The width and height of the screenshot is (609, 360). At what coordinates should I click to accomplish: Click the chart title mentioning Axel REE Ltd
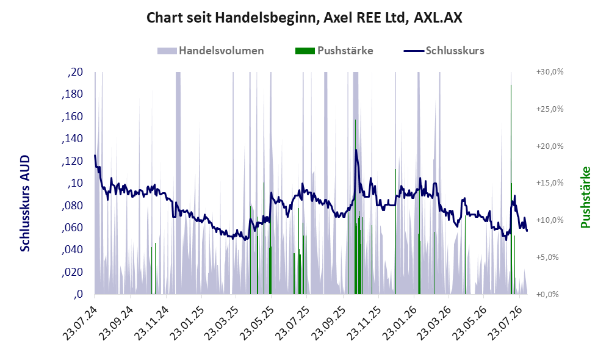pyautogui.click(x=304, y=18)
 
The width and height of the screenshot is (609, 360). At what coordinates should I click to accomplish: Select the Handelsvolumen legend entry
pyautogui.click(x=211, y=51)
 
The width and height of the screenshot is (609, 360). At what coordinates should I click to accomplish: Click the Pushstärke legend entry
pyautogui.click(x=334, y=51)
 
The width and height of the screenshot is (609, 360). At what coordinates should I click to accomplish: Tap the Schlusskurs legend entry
pyautogui.click(x=444, y=51)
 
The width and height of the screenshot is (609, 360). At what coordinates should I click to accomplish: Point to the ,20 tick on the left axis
pyautogui.click(x=75, y=72)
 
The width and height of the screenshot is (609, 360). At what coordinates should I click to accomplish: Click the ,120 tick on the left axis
pyautogui.click(x=72, y=160)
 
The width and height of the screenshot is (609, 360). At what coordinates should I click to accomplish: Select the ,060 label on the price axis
pyautogui.click(x=72, y=227)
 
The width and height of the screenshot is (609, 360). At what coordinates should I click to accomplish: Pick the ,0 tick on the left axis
pyautogui.click(x=77, y=294)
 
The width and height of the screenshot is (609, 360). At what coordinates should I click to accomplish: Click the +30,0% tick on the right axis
pyautogui.click(x=550, y=72)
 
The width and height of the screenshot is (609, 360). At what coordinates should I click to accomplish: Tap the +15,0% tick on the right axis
pyautogui.click(x=550, y=183)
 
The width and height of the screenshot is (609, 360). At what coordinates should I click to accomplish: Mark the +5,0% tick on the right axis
pyautogui.click(x=547, y=257)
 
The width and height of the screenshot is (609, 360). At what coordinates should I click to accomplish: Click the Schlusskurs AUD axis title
pyautogui.click(x=25, y=203)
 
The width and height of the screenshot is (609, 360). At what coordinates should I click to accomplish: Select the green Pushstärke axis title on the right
pyautogui.click(x=585, y=197)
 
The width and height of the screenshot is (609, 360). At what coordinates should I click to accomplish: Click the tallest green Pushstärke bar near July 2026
pyautogui.click(x=511, y=190)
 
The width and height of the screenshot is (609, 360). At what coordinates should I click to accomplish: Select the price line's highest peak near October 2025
pyautogui.click(x=356, y=150)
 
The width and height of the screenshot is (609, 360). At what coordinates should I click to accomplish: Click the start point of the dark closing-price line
pyautogui.click(x=95, y=156)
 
